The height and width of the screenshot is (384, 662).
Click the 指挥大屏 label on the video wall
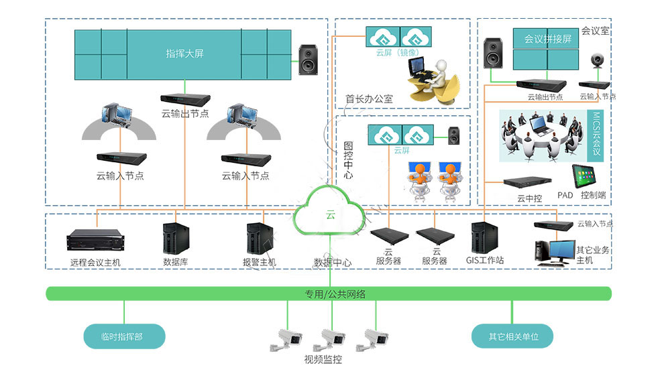[x=184, y=54]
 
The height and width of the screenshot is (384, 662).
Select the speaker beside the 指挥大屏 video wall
[x=309, y=59]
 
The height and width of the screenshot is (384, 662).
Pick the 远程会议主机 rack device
[x=95, y=239]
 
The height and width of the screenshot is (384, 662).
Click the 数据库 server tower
[x=176, y=238]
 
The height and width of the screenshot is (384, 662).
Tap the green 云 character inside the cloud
[x=330, y=215]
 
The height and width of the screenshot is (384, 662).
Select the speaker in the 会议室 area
[x=493, y=54]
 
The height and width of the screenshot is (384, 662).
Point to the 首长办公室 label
[x=369, y=99]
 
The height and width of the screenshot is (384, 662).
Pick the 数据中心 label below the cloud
[x=332, y=263]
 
